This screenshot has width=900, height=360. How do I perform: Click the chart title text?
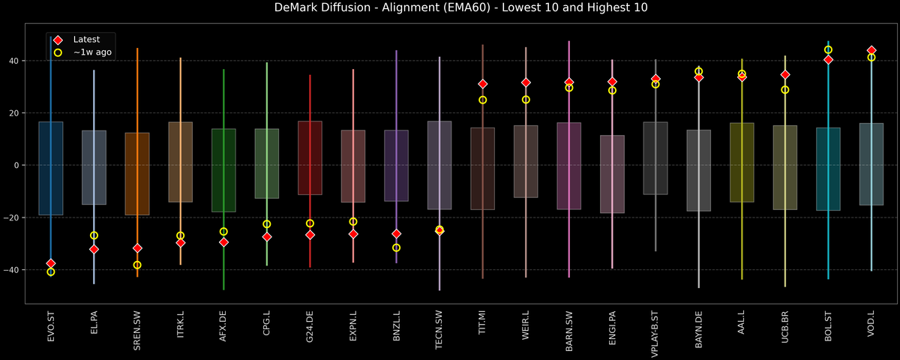point(450,8)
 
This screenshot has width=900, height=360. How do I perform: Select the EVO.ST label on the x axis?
point(51,330)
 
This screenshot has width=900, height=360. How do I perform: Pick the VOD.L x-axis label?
point(871,330)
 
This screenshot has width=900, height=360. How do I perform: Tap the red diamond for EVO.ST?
point(51,263)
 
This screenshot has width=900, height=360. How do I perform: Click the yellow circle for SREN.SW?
point(137,265)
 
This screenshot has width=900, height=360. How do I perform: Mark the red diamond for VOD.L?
point(871,50)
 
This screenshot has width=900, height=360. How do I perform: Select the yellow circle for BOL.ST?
point(828,49)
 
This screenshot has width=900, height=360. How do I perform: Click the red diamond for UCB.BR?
point(785,75)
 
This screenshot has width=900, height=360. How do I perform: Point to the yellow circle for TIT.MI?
point(483,100)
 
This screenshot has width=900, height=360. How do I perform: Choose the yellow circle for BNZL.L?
point(397,247)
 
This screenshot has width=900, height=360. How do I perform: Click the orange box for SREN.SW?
point(137,174)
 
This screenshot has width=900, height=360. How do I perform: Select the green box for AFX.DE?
point(223,170)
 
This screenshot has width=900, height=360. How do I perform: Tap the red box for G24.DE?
point(310,158)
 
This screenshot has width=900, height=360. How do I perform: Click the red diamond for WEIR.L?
point(526,82)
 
